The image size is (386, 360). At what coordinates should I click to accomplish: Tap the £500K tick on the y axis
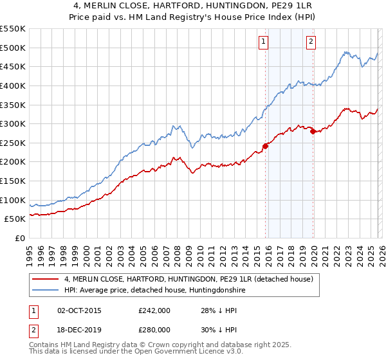pyautogui.click(x=12, y=48)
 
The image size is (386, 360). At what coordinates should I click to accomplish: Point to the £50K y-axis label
pyautogui.click(x=15, y=219)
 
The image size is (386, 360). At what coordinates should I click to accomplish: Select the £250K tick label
pyautogui.click(x=12, y=143)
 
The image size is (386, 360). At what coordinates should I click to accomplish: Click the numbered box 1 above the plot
pyautogui.click(x=264, y=42)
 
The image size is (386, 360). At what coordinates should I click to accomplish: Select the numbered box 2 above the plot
pyautogui.click(x=311, y=42)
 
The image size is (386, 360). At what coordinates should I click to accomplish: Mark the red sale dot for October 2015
pyautogui.click(x=266, y=145)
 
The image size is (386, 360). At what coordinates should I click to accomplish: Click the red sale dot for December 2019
pyautogui.click(x=313, y=131)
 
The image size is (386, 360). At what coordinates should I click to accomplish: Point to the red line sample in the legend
pyautogui.click(x=46, y=280)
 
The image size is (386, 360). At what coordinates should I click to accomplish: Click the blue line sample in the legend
pyautogui.click(x=46, y=291)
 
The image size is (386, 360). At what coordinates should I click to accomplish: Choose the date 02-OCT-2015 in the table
pyautogui.click(x=78, y=310)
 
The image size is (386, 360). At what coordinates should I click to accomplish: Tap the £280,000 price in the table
pyautogui.click(x=154, y=330)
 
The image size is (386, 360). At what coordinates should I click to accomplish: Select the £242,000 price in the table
pyautogui.click(x=154, y=310)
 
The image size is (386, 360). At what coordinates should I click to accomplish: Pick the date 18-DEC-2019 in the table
pyautogui.click(x=78, y=330)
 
